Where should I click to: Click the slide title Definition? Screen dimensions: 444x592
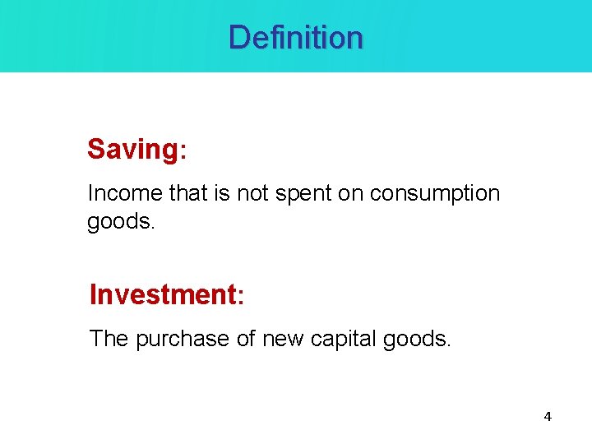click(x=295, y=37)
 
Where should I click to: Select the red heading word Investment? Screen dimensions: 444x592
click(x=162, y=294)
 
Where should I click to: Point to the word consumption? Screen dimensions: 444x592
click(x=434, y=194)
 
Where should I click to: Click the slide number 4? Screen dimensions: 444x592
click(x=548, y=417)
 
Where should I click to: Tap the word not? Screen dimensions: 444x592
click(x=253, y=194)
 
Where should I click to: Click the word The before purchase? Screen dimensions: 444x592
click(x=109, y=338)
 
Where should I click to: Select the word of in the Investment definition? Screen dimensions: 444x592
click(x=247, y=338)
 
